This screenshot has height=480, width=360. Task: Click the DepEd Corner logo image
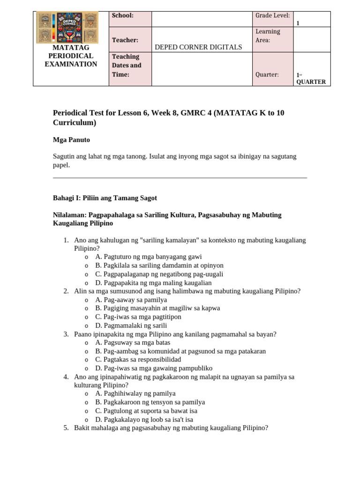tap(67, 27)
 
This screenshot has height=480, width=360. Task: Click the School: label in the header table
tap(122, 15)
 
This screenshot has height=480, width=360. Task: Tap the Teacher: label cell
tap(125, 40)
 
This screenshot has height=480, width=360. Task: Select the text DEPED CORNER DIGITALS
tap(198, 47)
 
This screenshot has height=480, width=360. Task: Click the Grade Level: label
tap(272, 16)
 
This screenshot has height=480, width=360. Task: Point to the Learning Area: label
tap(268, 36)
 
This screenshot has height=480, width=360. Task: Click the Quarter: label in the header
tap(267, 75)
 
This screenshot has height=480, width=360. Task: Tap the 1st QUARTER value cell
tap(311, 78)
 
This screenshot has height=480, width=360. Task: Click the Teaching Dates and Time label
tap(126, 66)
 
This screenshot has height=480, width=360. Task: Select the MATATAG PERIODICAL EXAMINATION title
tap(71, 56)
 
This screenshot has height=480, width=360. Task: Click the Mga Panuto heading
tap(71, 140)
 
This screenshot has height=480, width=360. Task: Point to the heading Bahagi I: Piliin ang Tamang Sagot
tap(105, 198)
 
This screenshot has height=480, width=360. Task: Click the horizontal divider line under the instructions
tap(180, 178)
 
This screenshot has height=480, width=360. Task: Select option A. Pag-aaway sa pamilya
tap(131, 300)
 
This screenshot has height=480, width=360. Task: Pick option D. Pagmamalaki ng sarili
tap(131, 325)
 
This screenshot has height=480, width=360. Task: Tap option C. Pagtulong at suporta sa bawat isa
tap(146, 411)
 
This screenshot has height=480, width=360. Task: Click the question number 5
tap(66, 427)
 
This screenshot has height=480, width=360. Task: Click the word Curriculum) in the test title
tap(75, 123)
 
